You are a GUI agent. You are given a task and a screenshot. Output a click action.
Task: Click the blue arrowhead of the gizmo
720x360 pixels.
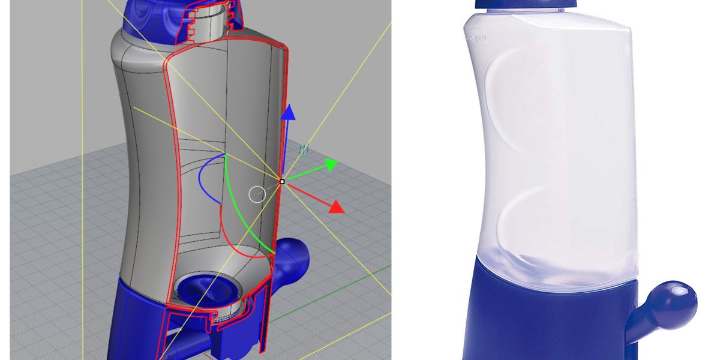pyautogui.click(x=289, y=112)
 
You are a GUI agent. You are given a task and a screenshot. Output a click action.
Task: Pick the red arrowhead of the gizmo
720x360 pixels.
pyautogui.click(x=336, y=207)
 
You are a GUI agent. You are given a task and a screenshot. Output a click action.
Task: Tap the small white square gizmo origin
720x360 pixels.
pyautogui.click(x=282, y=181)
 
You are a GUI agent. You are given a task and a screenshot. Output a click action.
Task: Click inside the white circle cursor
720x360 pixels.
pyautogui.click(x=257, y=194)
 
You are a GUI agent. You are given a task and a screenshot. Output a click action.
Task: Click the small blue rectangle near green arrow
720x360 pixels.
pyautogui.click(x=304, y=148)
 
